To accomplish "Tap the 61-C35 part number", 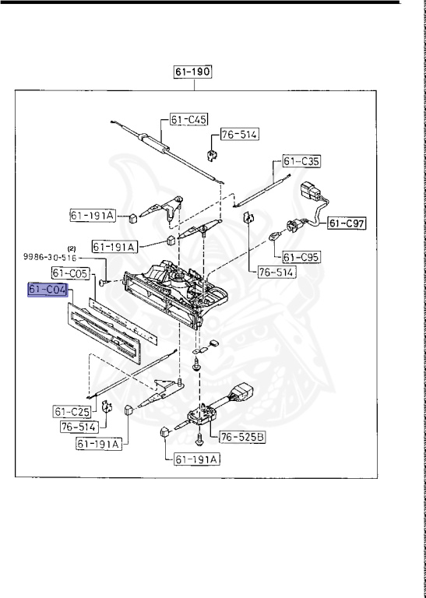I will pyautogui.click(x=301, y=161).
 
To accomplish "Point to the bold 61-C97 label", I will pyautogui.click(x=347, y=224).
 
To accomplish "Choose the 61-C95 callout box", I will pyautogui.click(x=300, y=256).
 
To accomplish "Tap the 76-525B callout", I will pyautogui.click(x=241, y=437).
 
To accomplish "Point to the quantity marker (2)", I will pyautogui.click(x=71, y=248).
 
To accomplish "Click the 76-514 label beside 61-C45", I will pyautogui.click(x=238, y=135).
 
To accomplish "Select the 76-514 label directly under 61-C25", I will pyautogui.click(x=79, y=426).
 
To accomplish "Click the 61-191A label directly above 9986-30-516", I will pyautogui.click(x=114, y=246).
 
